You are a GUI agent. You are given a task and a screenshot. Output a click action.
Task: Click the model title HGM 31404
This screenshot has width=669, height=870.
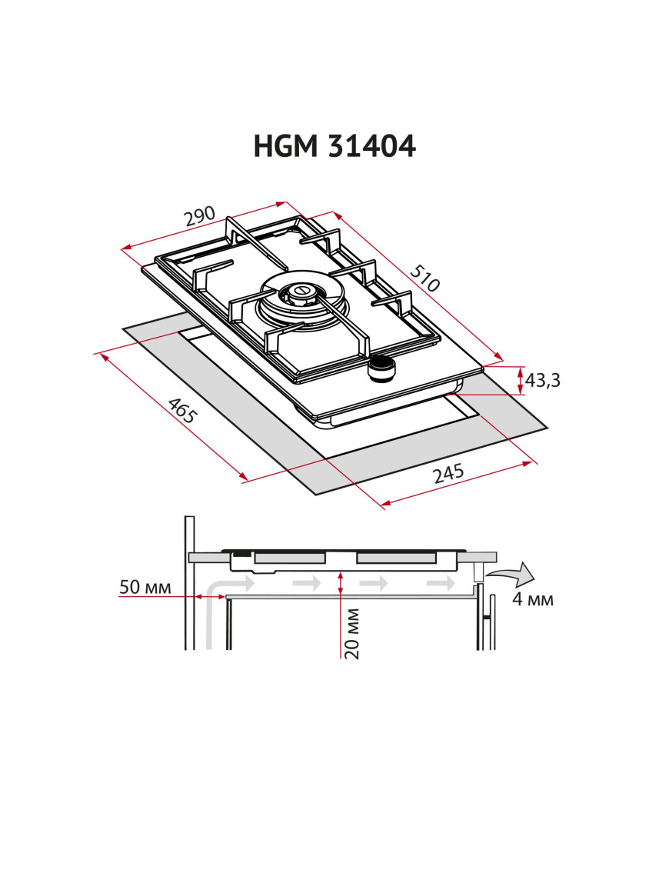334,145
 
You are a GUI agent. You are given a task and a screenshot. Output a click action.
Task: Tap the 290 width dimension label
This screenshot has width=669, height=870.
199,218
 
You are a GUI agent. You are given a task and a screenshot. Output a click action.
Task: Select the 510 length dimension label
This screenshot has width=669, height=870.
424,278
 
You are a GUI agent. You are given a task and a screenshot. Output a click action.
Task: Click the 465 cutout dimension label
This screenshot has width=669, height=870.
183,412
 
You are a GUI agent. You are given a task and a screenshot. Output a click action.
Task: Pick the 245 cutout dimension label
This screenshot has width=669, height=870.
448,473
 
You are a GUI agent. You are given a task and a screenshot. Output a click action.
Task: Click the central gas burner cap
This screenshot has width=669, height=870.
298,292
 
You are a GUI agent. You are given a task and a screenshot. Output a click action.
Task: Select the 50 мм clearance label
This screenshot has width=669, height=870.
145,588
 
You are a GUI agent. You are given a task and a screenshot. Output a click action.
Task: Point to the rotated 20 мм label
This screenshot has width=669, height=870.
352,633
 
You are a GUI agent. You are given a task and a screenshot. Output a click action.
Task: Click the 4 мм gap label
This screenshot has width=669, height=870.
533,599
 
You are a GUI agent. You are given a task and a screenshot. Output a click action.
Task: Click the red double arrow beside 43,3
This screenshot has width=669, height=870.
521,380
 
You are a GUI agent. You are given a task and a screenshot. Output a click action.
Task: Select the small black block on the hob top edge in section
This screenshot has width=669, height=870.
241,552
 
